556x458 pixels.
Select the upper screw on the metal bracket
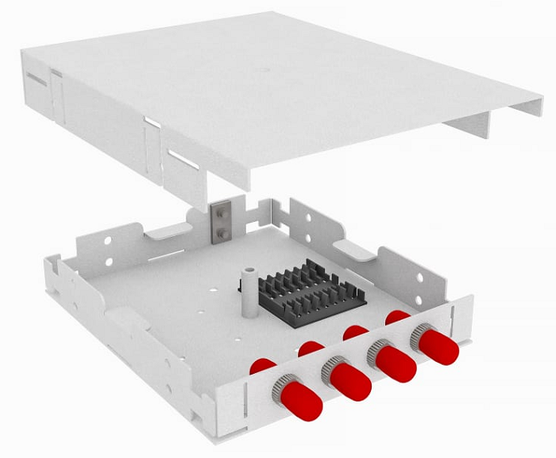click(x=218, y=212)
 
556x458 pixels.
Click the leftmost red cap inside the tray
click(x=261, y=366)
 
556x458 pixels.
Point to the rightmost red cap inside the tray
click(x=397, y=316)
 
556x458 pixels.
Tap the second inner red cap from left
click(x=311, y=347)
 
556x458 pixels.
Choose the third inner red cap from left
click(x=355, y=331)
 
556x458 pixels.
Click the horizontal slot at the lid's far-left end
click(x=36, y=80)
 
